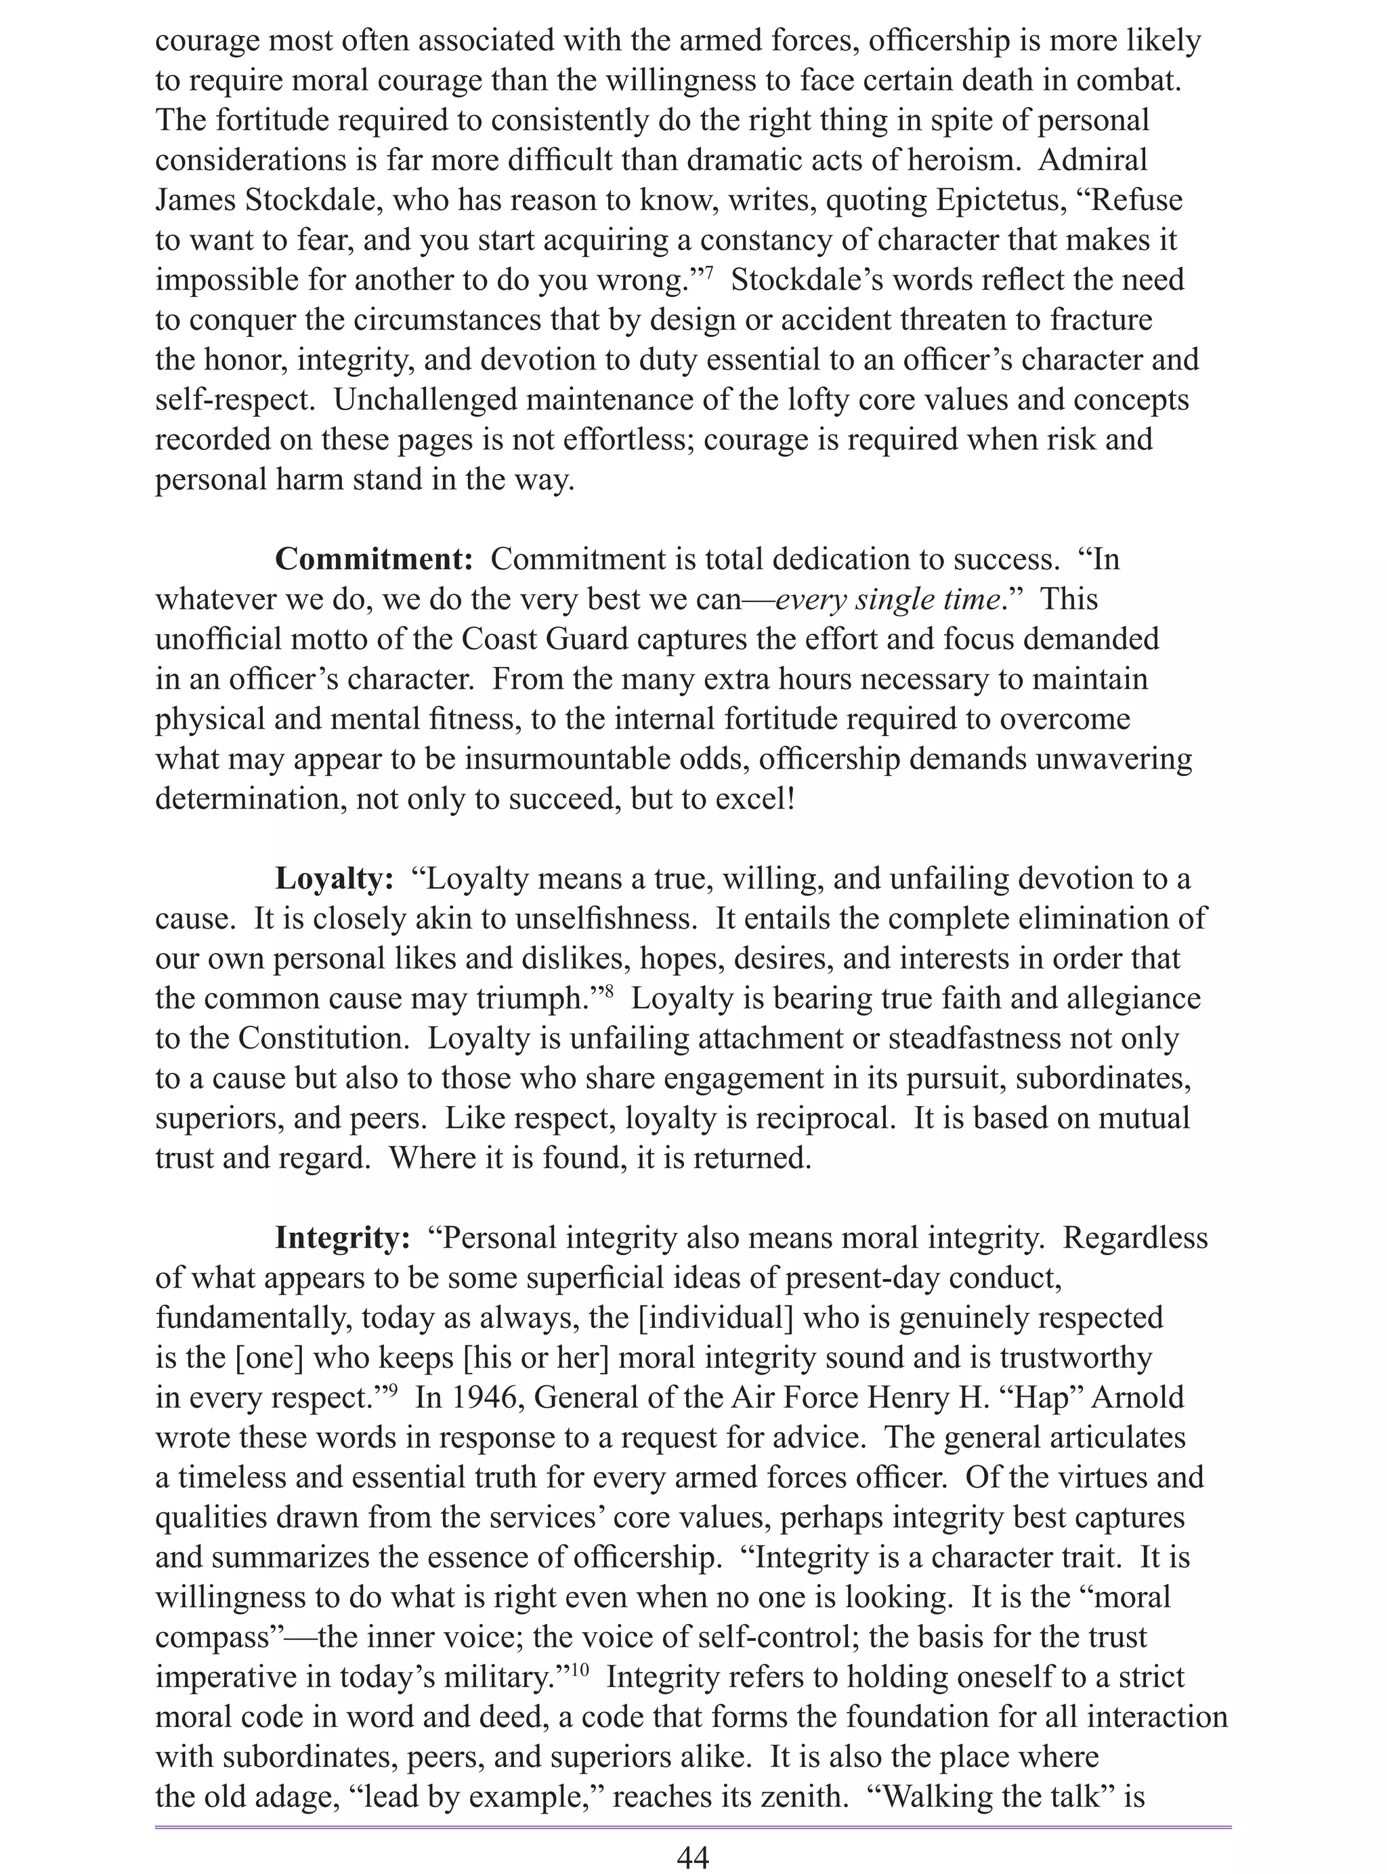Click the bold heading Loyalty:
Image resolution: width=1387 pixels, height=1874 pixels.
(x=334, y=880)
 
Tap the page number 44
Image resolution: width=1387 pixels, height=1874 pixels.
(x=693, y=1857)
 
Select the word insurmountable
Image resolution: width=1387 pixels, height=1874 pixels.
(x=608, y=759)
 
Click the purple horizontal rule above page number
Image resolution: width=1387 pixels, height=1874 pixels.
(x=693, y=1827)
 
